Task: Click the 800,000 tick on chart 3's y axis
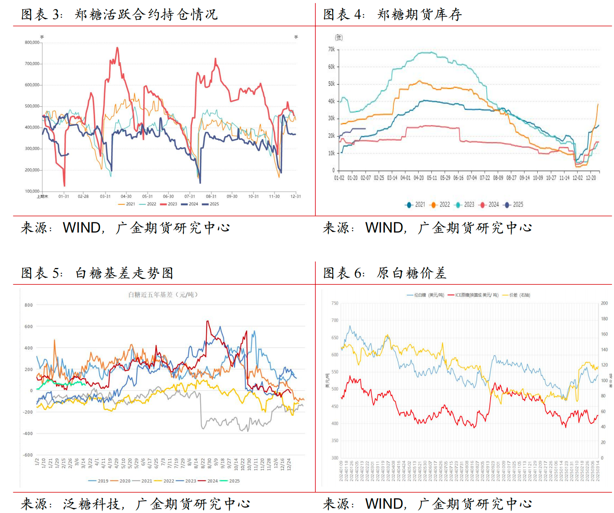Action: pos(32,42)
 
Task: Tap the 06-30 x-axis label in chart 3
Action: pos(168,196)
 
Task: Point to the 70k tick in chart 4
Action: pos(331,49)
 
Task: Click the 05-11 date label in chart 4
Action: pos(432,178)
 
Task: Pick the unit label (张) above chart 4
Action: pos(339,37)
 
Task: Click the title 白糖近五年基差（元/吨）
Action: pos(163,295)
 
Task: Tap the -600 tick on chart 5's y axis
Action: pos(28,455)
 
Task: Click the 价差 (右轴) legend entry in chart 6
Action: pos(519,295)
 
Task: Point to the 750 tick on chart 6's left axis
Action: pos(335,303)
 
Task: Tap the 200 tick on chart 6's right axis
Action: pos(604,303)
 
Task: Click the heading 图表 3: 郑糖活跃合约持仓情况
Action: pos(119,14)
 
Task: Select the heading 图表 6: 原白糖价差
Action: pos(385,273)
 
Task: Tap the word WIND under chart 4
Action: pos(384,228)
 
